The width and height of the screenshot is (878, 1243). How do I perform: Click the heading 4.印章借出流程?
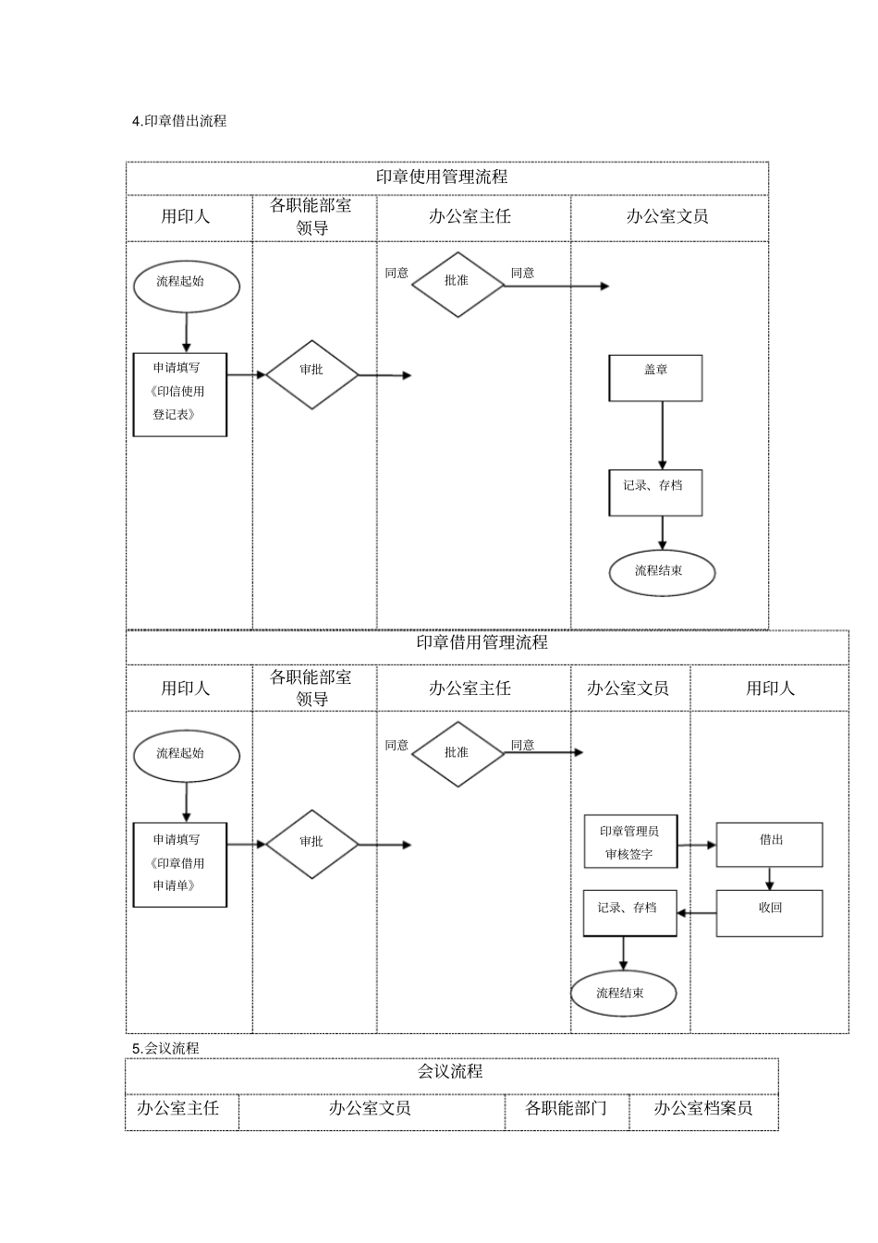coord(179,121)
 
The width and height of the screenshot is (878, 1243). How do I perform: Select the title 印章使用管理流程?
coord(442,177)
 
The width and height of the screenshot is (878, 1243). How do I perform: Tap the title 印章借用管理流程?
coord(482,642)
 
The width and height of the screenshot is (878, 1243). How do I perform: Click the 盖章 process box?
coord(655,378)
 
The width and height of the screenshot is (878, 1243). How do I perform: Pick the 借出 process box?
coord(769,845)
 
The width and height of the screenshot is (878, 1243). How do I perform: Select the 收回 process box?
coord(769,913)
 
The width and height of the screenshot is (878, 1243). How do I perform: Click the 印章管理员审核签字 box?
coord(630,842)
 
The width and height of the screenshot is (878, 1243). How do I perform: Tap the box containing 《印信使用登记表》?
coord(180,395)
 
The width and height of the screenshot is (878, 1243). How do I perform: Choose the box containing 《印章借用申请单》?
coord(180,864)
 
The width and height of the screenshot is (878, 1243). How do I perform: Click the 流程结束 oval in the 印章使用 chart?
coord(662,573)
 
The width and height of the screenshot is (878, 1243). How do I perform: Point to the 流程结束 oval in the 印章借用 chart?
coord(623,994)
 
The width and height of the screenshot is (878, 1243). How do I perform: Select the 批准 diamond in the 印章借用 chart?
coord(457,754)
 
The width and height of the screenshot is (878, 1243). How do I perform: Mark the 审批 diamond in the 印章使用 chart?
coord(312,374)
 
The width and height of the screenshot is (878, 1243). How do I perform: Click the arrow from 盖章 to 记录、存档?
coord(662,434)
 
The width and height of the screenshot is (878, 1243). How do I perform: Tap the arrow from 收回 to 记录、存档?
coord(697,913)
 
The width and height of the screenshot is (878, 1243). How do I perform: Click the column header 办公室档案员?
coord(703,1108)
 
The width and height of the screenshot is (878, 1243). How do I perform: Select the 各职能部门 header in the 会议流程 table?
coord(566,1108)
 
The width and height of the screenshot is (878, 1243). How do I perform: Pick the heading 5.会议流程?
coord(165,1048)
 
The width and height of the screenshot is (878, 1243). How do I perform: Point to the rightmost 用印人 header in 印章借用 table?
coord(770,689)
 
